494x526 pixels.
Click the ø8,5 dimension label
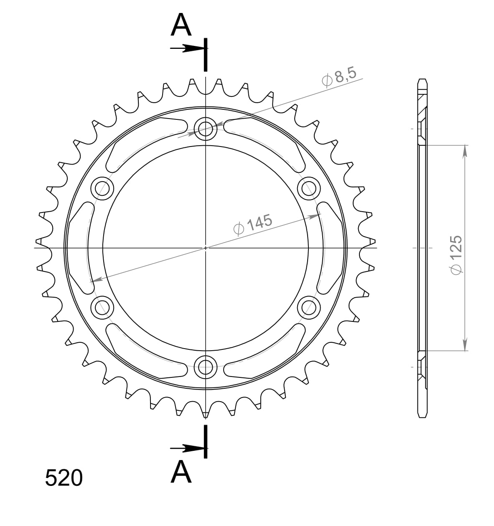pyautogui.click(x=339, y=77)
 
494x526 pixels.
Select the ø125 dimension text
pyautogui.click(x=455, y=255)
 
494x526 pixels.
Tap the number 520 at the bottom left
pyautogui.click(x=64, y=478)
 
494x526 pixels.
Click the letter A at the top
pyautogui.click(x=181, y=25)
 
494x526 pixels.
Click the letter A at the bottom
pyautogui.click(x=181, y=472)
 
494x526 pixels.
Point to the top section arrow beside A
pyautogui.click(x=188, y=49)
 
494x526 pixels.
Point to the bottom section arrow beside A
pyautogui.click(x=188, y=448)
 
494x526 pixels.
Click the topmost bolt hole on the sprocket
pyautogui.click(x=205, y=127)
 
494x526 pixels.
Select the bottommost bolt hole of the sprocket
pyautogui.click(x=205, y=367)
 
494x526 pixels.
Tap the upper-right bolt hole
pyautogui.click(x=309, y=188)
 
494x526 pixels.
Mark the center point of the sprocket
pyautogui.click(x=205, y=248)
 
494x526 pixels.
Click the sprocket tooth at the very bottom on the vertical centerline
pyautogui.click(x=205, y=413)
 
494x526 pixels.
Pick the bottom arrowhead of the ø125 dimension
pyautogui.click(x=464, y=345)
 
